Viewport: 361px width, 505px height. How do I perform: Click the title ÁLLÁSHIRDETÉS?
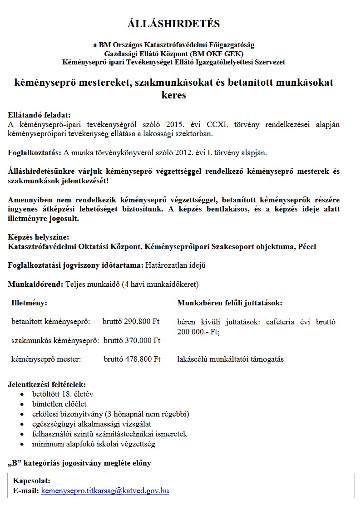[173, 24]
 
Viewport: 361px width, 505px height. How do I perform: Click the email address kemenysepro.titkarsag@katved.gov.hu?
[105, 490]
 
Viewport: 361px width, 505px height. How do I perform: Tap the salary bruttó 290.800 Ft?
[131, 322]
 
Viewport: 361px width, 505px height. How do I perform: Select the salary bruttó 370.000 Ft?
[132, 340]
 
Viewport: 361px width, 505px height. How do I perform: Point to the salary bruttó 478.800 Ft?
[132, 359]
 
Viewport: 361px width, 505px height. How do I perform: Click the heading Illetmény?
[29, 303]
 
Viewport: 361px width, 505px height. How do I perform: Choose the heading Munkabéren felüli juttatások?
[229, 303]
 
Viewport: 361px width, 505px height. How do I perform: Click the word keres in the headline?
[173, 95]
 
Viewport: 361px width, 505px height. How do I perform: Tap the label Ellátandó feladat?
[39, 115]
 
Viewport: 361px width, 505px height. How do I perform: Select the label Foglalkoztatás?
[35, 152]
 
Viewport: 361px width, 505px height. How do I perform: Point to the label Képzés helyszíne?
[39, 237]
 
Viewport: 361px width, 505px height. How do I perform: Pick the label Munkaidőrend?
[36, 284]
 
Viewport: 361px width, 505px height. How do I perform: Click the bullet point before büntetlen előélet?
[22, 404]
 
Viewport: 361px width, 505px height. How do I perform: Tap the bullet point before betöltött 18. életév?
[22, 394]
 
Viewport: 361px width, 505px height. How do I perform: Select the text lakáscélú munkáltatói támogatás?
[230, 359]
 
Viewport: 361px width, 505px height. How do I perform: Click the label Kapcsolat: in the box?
[31, 480]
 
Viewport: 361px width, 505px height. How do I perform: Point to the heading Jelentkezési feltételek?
[46, 385]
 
